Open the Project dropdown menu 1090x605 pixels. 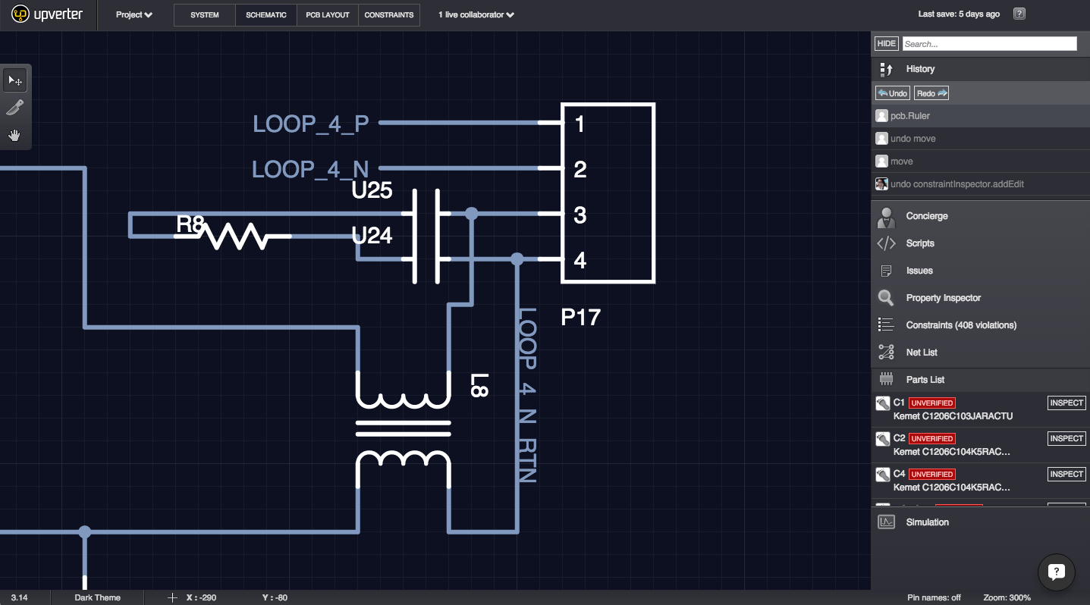pos(134,15)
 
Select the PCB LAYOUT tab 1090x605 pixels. pos(327,15)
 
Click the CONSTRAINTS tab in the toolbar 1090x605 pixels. pos(389,15)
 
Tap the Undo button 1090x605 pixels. pos(892,93)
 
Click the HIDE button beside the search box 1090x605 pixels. pos(886,44)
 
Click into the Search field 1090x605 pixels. pos(989,44)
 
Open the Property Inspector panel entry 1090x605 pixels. pos(943,298)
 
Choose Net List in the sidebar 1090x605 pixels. pos(922,353)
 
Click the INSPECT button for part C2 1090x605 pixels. pos(1066,438)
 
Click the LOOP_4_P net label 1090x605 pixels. pos(311,124)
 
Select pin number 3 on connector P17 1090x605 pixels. pos(580,215)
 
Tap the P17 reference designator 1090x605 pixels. pos(580,317)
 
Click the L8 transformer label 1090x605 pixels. pos(479,385)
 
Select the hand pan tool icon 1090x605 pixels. pos(14,136)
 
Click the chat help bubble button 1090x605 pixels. pos(1057,572)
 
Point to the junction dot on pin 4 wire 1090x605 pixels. pos(517,259)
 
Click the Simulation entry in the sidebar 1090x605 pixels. pos(927,522)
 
